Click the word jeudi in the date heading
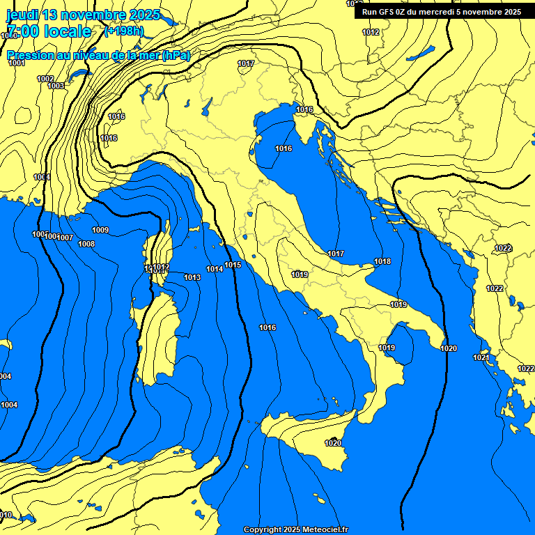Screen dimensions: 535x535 [22, 15]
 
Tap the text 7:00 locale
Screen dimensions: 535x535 [48, 31]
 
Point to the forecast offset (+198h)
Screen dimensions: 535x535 [123, 31]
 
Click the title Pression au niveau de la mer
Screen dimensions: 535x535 [98, 56]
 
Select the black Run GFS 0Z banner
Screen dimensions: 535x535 [441, 12]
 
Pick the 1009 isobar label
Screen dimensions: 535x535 [100, 231]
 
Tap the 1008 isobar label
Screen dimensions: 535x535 [86, 245]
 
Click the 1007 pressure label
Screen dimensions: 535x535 [65, 238]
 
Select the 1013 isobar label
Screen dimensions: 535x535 [192, 278]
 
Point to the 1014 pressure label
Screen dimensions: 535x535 [215, 270]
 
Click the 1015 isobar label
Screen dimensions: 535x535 [233, 265]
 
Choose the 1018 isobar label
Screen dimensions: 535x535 [382, 262]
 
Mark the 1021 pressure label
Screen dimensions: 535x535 [481, 358]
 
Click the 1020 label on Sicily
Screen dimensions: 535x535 [333, 443]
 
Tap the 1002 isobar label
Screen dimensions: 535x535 [45, 79]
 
